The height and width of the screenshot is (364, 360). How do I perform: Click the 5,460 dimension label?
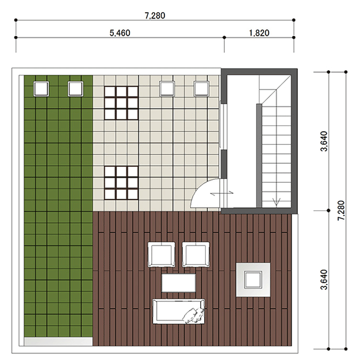120,33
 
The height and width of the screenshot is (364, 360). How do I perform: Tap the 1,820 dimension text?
259,33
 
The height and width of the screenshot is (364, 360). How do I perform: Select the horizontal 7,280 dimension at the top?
155,16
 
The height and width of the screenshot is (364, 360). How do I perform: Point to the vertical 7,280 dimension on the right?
341,210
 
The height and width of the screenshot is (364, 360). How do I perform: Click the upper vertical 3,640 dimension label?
324,141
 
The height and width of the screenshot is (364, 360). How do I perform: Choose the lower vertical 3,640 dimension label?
324,279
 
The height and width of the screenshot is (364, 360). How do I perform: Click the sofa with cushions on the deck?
179,311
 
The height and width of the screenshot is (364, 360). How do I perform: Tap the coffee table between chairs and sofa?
178,283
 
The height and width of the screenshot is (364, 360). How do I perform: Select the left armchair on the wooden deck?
162,254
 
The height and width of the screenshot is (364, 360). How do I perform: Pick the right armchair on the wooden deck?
196,254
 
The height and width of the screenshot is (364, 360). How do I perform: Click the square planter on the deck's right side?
253,279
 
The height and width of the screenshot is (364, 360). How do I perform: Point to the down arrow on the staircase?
276,201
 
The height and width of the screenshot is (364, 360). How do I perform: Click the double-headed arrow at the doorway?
221,193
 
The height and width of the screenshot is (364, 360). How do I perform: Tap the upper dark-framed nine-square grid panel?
121,103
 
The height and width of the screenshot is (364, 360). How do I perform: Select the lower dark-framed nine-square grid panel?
121,183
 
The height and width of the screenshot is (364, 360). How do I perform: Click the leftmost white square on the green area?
41,89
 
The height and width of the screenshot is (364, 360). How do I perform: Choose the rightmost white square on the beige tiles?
201,89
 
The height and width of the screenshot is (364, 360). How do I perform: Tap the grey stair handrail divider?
259,155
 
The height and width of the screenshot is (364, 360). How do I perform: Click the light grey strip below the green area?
58,342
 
